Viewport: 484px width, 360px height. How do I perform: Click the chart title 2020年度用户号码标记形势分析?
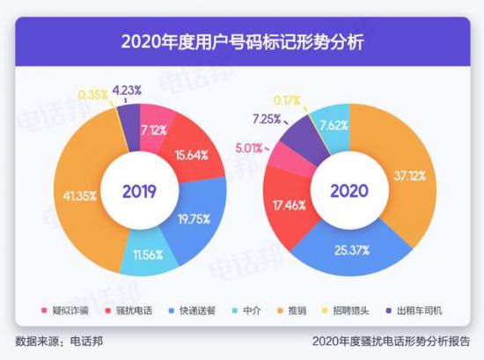pyautogui.click(x=242, y=41)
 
